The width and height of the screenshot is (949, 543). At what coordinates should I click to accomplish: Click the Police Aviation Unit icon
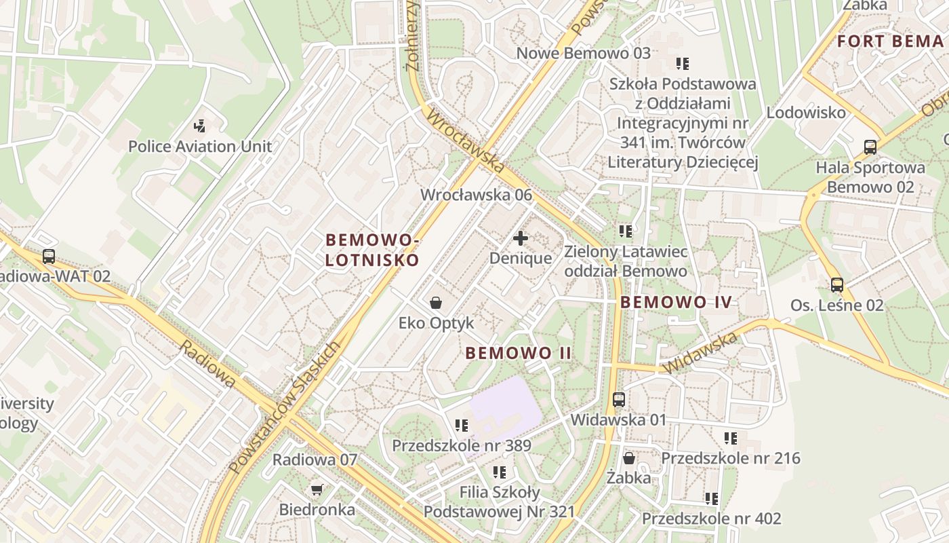(x=199, y=126)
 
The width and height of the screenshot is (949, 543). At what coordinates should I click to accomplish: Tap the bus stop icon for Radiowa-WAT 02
(x=49, y=257)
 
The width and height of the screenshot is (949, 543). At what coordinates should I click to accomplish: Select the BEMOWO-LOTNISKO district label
(x=372, y=250)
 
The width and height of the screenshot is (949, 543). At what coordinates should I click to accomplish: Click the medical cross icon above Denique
(x=521, y=238)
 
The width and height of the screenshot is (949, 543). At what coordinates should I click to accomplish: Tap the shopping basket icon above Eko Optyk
(x=436, y=302)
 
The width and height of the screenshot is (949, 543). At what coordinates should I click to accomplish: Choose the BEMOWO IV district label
(x=677, y=303)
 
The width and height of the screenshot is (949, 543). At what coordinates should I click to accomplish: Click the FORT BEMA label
(x=890, y=41)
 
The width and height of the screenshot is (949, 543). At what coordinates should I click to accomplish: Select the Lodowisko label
(x=806, y=113)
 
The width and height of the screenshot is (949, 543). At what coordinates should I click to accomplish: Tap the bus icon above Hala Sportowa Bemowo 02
(x=870, y=147)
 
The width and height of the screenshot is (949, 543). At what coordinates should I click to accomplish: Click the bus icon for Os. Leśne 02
(x=837, y=285)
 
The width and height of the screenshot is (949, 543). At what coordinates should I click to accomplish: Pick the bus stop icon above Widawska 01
(x=619, y=399)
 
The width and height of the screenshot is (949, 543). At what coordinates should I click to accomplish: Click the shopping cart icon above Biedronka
(x=317, y=489)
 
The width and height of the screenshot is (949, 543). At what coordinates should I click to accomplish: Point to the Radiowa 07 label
(x=315, y=460)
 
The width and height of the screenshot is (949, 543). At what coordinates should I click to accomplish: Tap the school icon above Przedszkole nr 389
(x=462, y=426)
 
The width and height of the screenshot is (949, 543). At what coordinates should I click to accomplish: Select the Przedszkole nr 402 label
(x=711, y=519)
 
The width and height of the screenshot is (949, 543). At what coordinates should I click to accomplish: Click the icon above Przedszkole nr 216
(x=730, y=438)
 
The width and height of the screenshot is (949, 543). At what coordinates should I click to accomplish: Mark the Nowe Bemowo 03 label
(x=583, y=53)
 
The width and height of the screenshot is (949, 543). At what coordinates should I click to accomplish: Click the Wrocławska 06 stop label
(x=476, y=195)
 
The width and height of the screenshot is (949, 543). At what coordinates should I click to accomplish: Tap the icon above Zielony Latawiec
(x=626, y=231)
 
